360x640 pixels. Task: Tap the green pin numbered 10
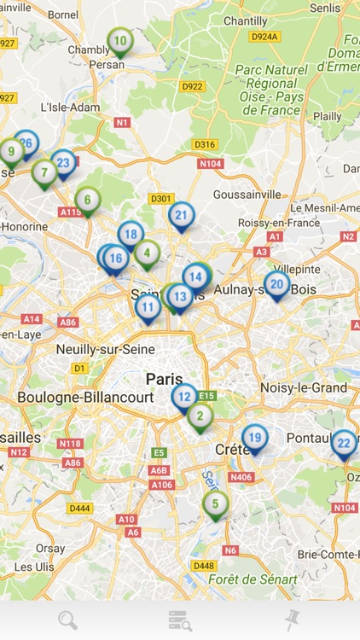tap(120, 41)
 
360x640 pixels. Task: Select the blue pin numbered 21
tap(181, 216)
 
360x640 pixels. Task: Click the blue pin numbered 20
tap(276, 284)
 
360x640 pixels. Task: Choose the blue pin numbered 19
tap(254, 439)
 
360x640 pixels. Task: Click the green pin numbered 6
tap(87, 201)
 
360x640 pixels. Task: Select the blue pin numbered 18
tap(131, 234)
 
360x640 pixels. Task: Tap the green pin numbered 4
tap(148, 253)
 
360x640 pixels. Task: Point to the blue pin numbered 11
tap(148, 307)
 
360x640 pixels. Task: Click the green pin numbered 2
tap(200, 416)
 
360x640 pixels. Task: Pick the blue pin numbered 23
tap(63, 162)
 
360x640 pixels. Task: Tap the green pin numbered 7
tap(44, 173)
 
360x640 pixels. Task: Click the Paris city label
tap(164, 378)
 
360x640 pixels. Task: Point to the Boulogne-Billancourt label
tap(85, 398)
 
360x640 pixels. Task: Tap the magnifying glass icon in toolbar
tap(67, 620)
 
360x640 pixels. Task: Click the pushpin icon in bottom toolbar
tap(293, 620)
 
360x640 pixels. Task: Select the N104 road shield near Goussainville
tap(210, 163)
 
